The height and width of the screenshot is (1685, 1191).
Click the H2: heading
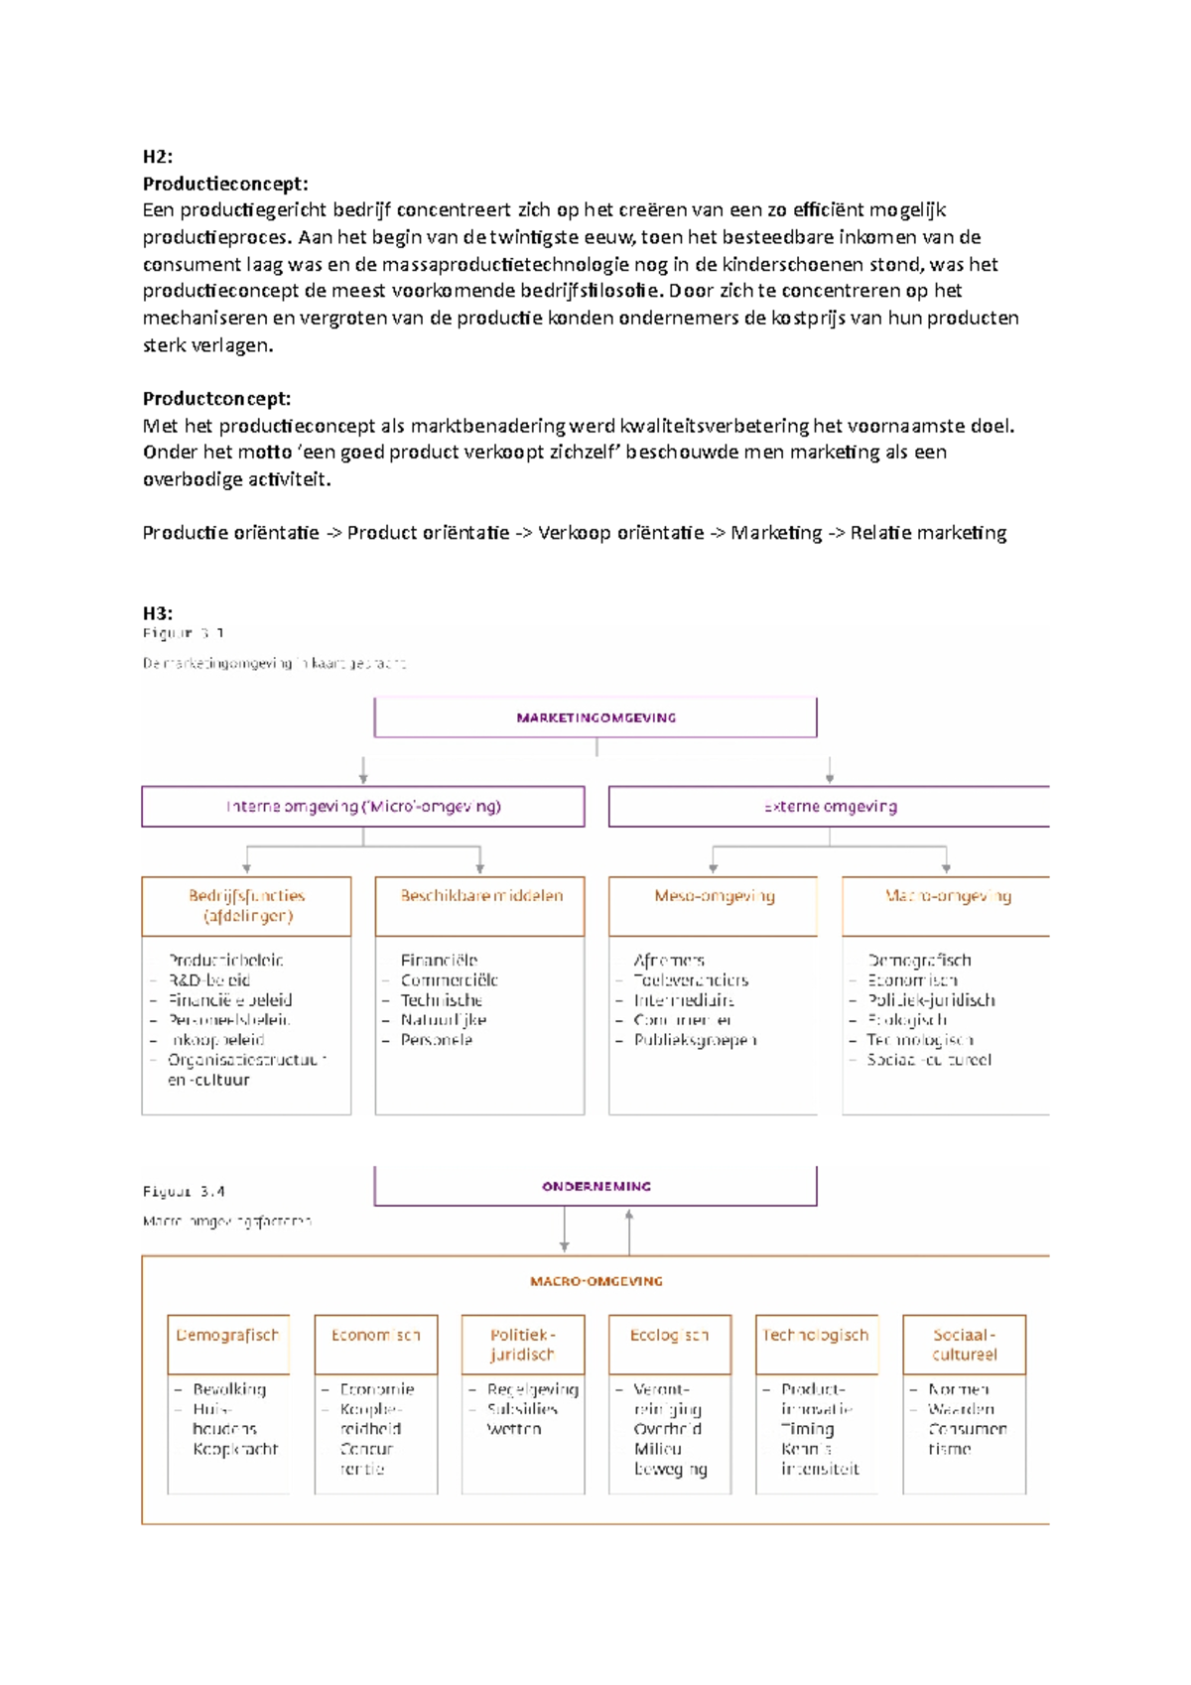(158, 157)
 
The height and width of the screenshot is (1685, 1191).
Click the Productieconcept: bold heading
(225, 184)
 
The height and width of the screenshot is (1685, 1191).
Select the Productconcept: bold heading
(216, 399)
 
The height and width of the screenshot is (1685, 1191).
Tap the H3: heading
(158, 613)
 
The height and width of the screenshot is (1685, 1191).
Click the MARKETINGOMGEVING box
(595, 717)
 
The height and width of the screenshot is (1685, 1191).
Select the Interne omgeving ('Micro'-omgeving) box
(363, 807)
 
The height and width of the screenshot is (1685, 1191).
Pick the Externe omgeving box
(830, 807)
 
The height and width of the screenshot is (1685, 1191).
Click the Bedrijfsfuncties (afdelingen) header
(247, 906)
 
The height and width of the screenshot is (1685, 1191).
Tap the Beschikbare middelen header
(480, 896)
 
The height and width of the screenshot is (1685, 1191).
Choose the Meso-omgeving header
(714, 896)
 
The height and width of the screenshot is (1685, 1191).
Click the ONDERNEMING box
(595, 1186)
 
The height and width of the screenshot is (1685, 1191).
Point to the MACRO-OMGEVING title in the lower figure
(595, 1281)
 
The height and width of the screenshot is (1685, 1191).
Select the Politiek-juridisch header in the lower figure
(523, 1345)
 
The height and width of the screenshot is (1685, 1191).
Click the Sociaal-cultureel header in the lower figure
(964, 1345)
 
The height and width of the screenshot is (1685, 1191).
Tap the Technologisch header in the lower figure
(817, 1336)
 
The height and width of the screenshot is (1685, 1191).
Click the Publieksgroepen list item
(695, 1040)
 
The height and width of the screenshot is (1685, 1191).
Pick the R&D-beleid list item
(209, 980)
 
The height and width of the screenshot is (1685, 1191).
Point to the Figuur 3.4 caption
(184, 1192)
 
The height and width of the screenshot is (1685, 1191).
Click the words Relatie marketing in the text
(928, 533)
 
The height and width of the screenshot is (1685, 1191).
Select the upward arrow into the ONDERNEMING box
(629, 1231)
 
